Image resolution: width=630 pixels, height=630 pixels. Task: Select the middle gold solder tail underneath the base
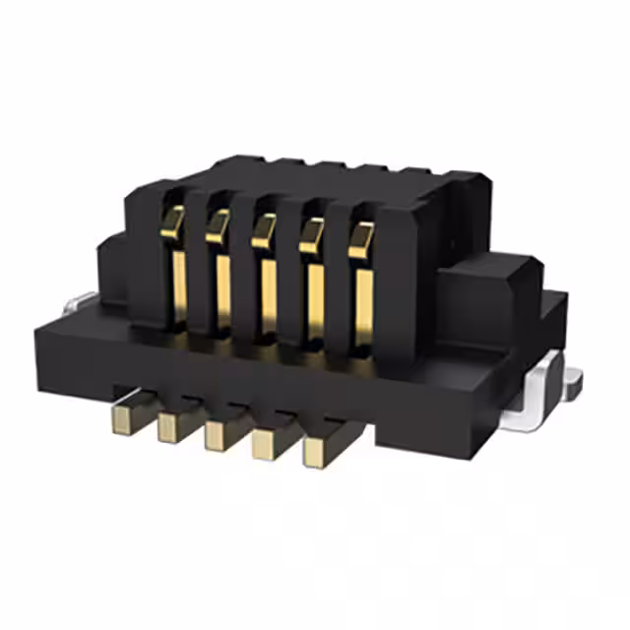[x=219, y=434]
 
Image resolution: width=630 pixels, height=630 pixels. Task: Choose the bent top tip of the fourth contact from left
[x=312, y=235]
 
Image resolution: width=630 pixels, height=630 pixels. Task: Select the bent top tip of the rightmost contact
[x=361, y=239]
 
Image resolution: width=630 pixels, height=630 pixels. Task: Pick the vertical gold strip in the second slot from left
[x=223, y=291]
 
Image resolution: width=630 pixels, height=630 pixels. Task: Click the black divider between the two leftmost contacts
[x=196, y=266]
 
